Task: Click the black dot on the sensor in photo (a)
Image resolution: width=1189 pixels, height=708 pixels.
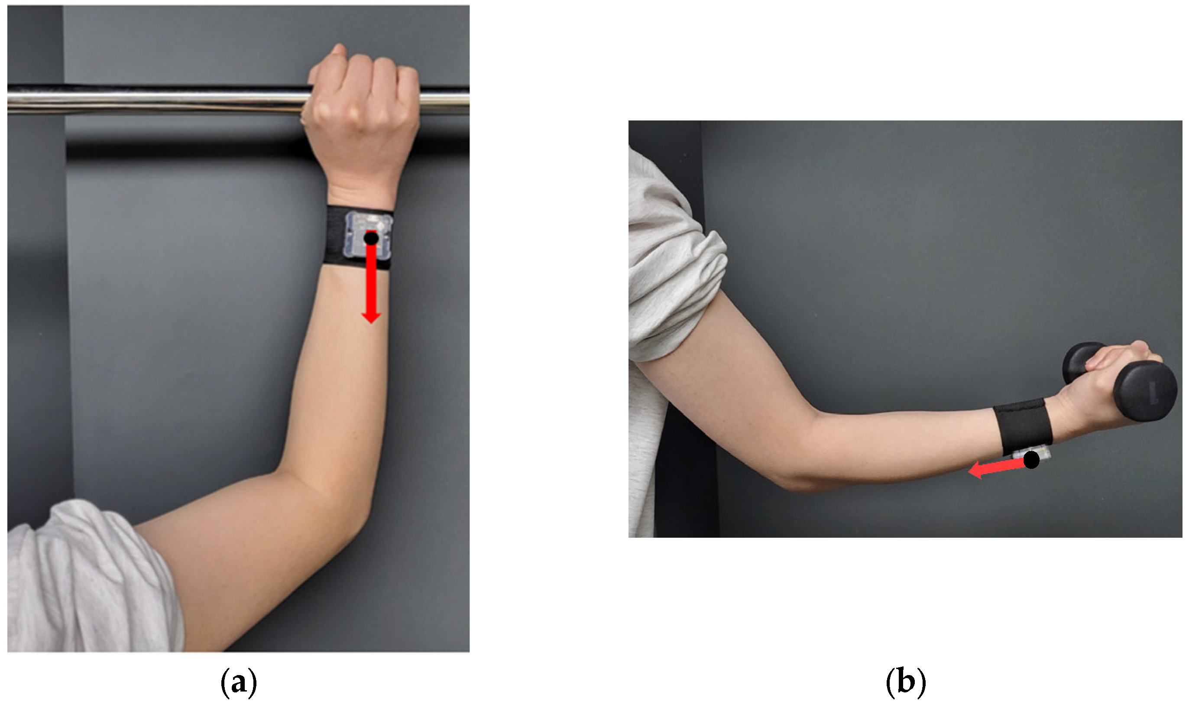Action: (x=371, y=237)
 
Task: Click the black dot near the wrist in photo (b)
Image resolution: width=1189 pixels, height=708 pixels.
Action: (x=1031, y=460)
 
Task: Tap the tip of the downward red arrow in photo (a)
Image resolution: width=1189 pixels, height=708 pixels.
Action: (x=371, y=324)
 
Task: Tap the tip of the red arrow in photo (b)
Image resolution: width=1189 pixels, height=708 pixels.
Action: (x=969, y=472)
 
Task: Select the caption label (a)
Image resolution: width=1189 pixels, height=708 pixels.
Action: (x=239, y=683)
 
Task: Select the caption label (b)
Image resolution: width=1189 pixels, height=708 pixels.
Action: (x=906, y=683)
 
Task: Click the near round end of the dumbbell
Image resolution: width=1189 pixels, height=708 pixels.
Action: (x=1145, y=390)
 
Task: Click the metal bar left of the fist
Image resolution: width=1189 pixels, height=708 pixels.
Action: (x=157, y=100)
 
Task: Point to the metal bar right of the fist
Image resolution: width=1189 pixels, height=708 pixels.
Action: (x=444, y=100)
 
